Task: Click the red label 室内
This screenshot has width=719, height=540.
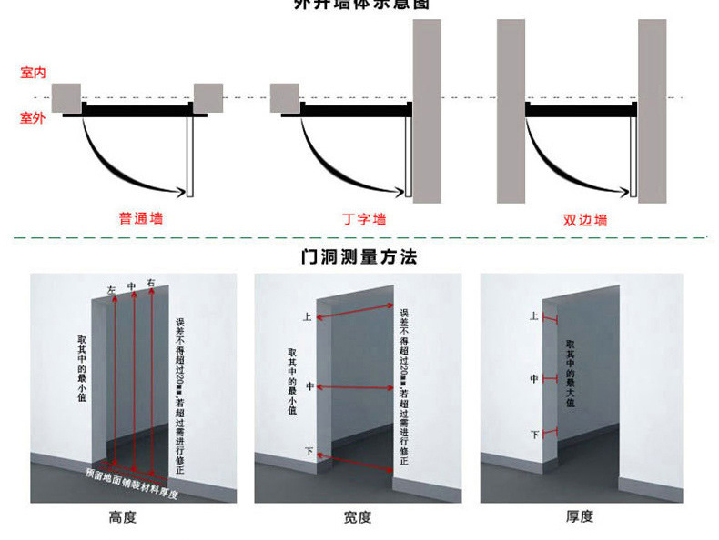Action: click(33, 72)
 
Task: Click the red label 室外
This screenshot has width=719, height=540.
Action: click(33, 117)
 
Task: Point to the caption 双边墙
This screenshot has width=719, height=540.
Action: click(585, 219)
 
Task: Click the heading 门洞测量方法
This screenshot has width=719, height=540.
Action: click(359, 257)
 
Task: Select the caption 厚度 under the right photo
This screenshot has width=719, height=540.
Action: click(580, 516)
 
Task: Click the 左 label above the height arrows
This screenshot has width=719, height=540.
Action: click(111, 290)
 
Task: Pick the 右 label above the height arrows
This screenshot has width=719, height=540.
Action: click(151, 284)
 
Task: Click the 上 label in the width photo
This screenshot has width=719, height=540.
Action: click(307, 317)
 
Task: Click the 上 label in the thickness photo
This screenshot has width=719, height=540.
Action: click(533, 316)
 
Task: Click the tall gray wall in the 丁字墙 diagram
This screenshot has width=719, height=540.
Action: click(427, 111)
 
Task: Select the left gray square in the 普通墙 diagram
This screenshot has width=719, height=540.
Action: click(66, 98)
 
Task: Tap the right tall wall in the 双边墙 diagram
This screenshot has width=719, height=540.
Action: click(652, 111)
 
